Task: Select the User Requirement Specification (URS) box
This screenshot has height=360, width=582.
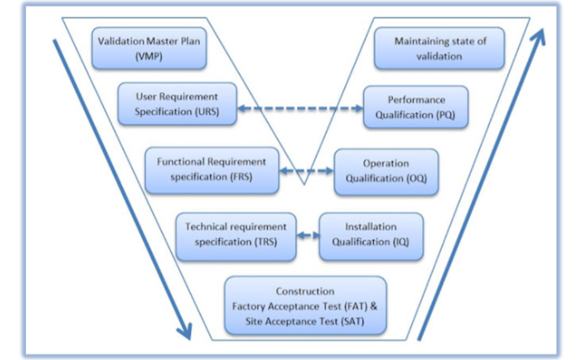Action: click(178, 103)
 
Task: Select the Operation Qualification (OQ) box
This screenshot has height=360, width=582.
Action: click(386, 171)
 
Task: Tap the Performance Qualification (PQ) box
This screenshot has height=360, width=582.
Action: click(415, 107)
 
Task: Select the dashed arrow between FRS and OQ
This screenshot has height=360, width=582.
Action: click(306, 172)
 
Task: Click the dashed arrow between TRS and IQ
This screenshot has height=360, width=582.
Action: click(306, 235)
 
